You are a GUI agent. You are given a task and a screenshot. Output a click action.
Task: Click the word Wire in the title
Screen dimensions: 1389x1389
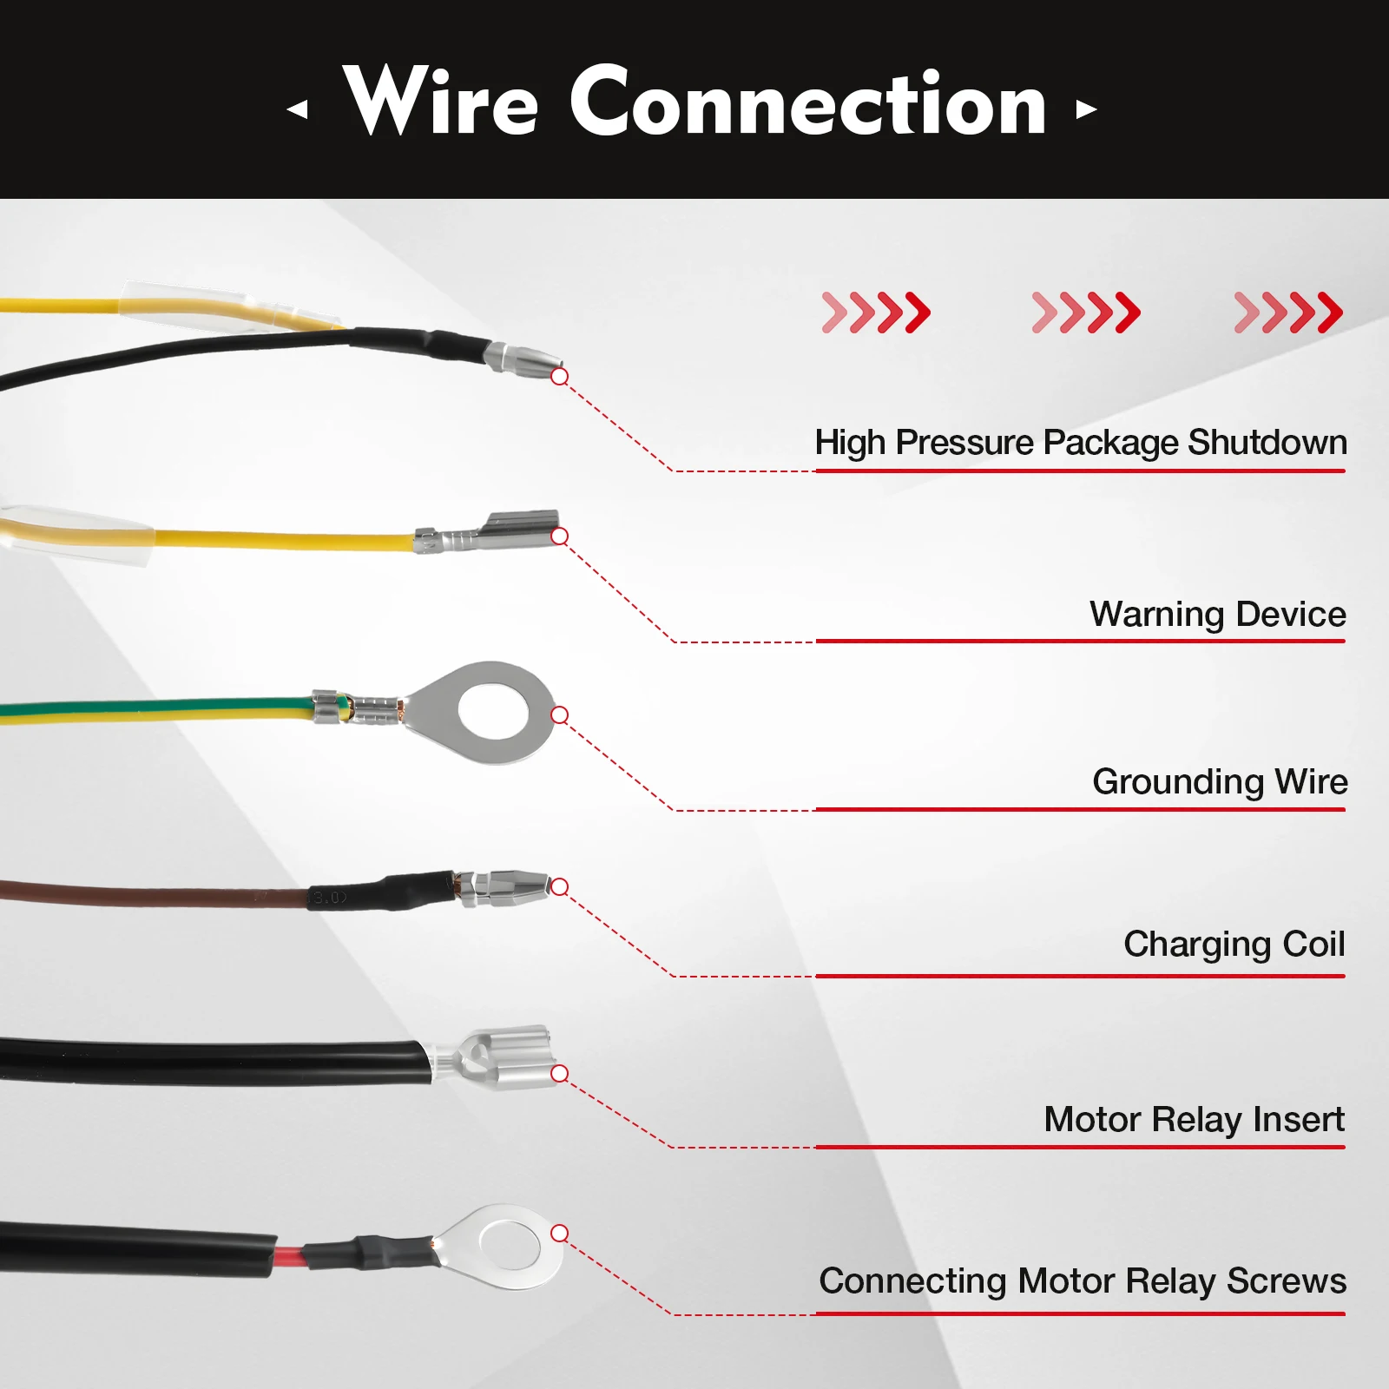441,102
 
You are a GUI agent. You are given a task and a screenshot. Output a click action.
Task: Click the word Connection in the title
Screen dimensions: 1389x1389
808,102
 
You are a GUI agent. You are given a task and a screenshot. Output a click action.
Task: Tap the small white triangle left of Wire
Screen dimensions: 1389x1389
298,109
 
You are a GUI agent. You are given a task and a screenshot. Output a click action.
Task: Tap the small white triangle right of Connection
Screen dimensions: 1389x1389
1085,109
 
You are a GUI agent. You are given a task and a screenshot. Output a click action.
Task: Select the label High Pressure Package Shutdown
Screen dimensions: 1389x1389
1080,443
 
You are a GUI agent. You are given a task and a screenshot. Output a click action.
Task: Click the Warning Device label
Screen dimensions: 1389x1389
1217,615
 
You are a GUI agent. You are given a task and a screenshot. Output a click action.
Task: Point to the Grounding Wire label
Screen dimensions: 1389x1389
1220,782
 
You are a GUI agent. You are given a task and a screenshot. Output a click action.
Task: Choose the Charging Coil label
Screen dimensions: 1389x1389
1234,945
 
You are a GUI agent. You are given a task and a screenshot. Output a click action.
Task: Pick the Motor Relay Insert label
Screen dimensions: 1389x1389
1194,1120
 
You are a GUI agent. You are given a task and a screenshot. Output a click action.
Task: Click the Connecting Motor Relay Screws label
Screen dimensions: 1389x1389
1082,1281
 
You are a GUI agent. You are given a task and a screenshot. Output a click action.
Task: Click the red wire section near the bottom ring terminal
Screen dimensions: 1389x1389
289,1256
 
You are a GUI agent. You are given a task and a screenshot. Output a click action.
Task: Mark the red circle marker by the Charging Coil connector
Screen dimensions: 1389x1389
560,886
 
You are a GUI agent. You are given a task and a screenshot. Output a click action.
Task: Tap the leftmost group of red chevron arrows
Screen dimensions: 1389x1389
876,313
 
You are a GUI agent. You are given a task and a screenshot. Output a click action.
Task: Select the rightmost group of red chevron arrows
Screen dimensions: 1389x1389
1288,313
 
